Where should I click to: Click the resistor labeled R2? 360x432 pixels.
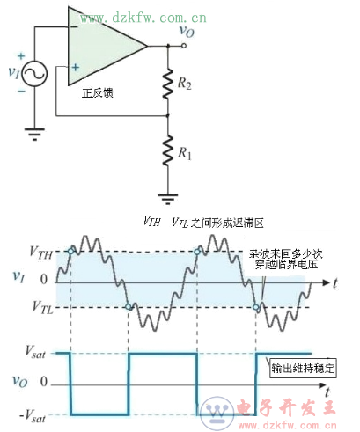[x=167, y=84]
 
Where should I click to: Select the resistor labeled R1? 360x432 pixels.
[x=167, y=154]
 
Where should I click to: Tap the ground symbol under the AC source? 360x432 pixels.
[x=34, y=134]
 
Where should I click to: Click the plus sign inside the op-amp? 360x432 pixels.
[x=77, y=67]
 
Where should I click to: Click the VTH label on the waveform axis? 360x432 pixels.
[x=40, y=254]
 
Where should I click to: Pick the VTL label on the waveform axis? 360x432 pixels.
[x=40, y=307]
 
